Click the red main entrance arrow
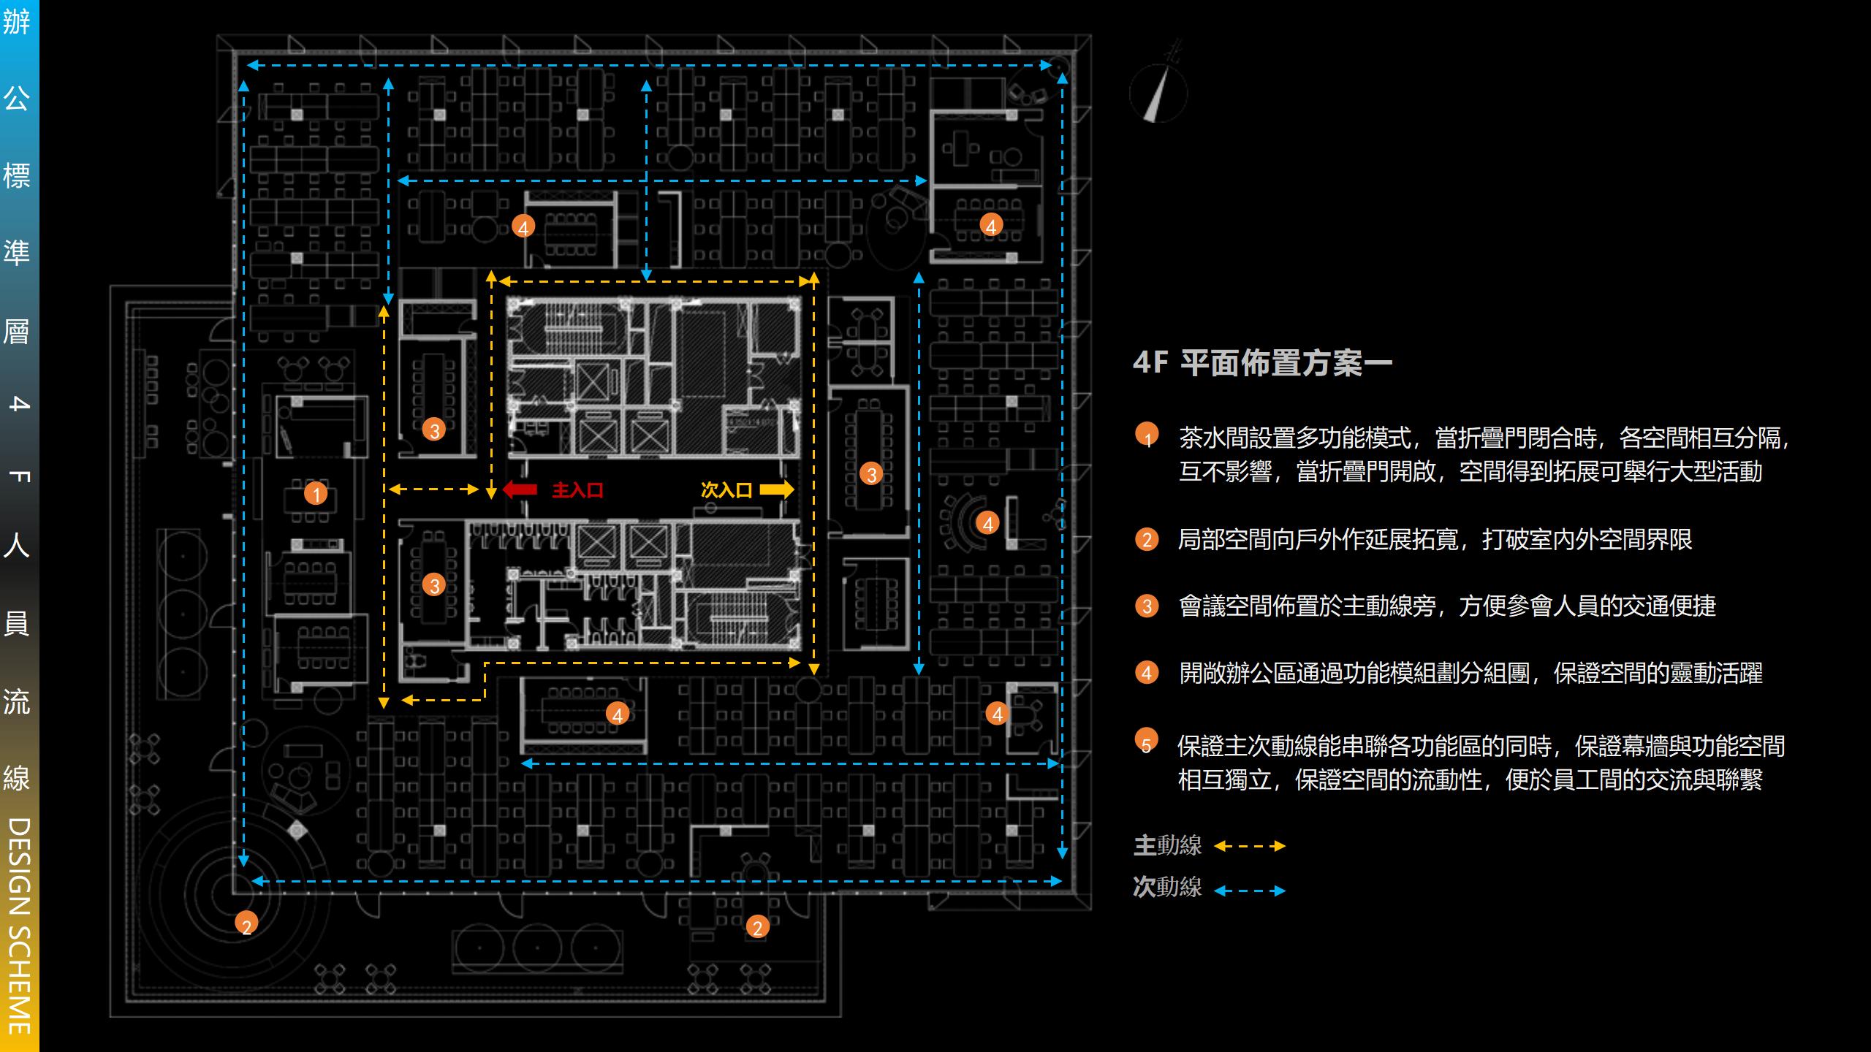tap(520, 489)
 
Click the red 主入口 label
tap(577, 489)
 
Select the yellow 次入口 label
tap(726, 489)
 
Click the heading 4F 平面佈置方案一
tap(1262, 363)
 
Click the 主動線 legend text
tap(1167, 846)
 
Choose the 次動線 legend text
tap(1167, 887)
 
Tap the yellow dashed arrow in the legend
tap(1250, 846)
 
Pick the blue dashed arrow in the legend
tap(1250, 891)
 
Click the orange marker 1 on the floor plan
tap(316, 495)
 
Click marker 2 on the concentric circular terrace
tap(246, 924)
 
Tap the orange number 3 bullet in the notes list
tap(1147, 606)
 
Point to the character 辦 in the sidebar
tap(17, 21)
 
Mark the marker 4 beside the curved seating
tap(988, 522)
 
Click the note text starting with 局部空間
tap(1435, 539)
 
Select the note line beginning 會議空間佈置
tap(1447, 606)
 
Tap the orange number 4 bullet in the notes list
tap(1147, 672)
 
